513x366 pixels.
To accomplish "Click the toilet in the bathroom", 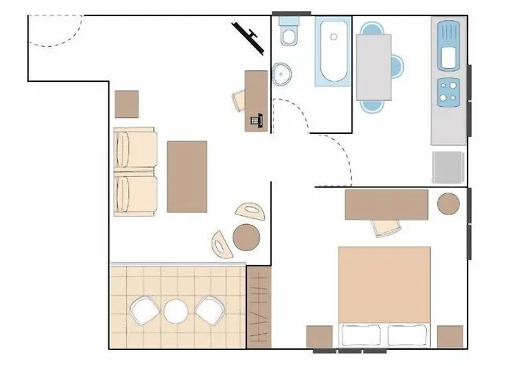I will coord(289,34).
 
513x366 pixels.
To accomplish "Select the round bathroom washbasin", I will coord(281,73).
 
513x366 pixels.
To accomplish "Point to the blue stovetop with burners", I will coord(448,91).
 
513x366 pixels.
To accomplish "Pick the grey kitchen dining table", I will coord(374,67).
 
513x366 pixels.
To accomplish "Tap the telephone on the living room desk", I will coord(256,120).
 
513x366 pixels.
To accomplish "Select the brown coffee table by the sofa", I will coord(187,176).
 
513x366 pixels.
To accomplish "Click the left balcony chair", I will coord(143,310).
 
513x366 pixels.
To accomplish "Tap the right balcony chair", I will coord(209,310).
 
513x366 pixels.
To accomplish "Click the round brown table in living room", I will coord(246,236).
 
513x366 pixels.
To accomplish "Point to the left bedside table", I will coord(320,337).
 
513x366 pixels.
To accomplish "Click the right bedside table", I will coord(450,337).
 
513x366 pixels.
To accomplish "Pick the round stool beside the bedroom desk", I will coord(449,203).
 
